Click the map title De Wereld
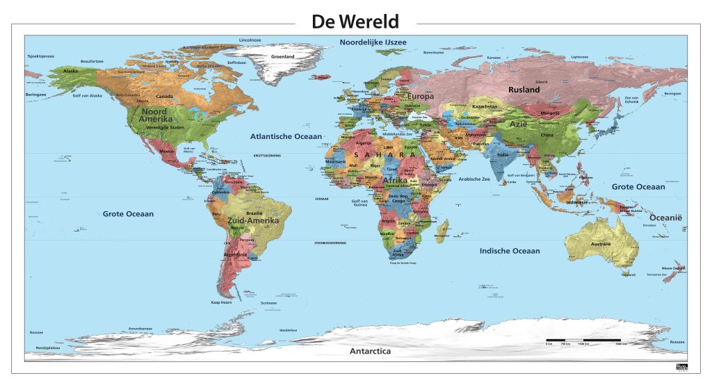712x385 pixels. pyautogui.click(x=355, y=22)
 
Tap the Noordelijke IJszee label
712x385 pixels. pyautogui.click(x=373, y=43)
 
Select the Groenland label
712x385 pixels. pyautogui.click(x=283, y=56)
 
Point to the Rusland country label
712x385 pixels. pyautogui.click(x=524, y=90)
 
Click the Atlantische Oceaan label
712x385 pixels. pyautogui.click(x=286, y=136)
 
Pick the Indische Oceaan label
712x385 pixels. pyautogui.click(x=510, y=251)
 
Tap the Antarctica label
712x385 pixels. pyautogui.click(x=370, y=351)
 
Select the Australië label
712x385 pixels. pyautogui.click(x=600, y=245)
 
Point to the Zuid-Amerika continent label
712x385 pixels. pyautogui.click(x=253, y=220)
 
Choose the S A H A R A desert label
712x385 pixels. pyautogui.click(x=385, y=154)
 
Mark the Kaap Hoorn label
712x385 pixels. pyautogui.click(x=221, y=302)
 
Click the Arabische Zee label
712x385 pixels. pyautogui.click(x=473, y=179)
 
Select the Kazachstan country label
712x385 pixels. pyautogui.click(x=485, y=106)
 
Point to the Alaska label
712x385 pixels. pyautogui.click(x=71, y=71)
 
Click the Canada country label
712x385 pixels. pyautogui.click(x=164, y=97)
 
